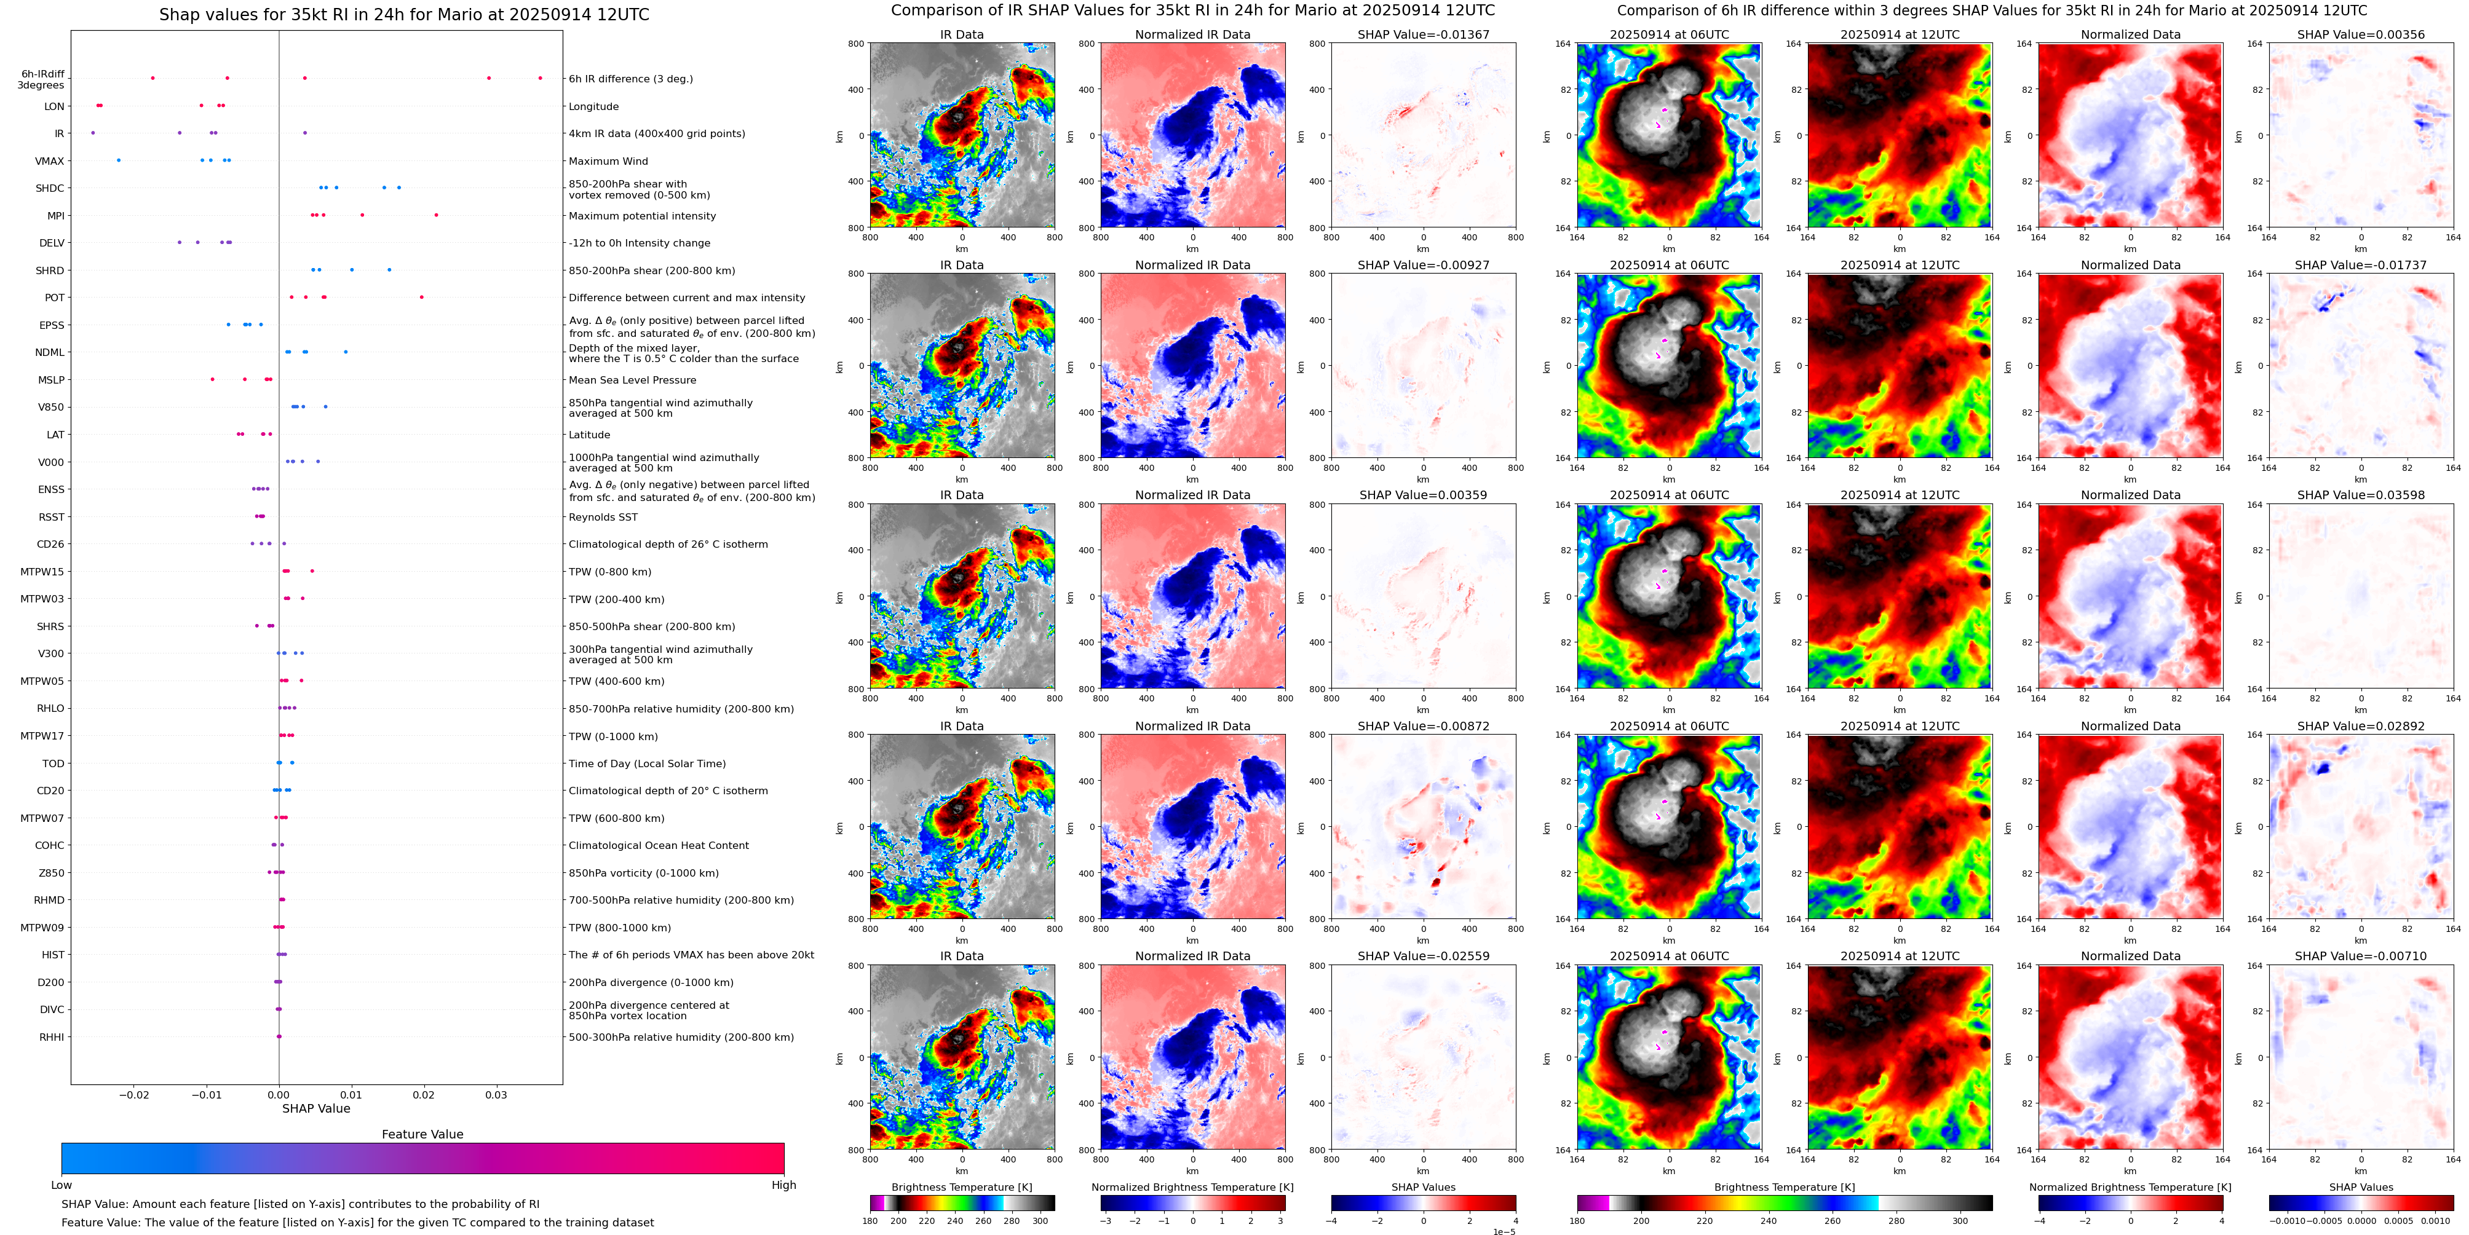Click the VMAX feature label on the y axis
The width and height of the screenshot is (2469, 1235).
(50, 161)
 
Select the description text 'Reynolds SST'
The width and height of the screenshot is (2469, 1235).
(603, 518)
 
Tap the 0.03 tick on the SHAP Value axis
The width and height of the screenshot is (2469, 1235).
(496, 1095)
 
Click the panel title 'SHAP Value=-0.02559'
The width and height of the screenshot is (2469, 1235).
(1424, 956)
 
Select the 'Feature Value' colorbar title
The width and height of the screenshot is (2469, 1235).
(422, 1134)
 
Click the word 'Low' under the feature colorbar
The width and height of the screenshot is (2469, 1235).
(61, 1185)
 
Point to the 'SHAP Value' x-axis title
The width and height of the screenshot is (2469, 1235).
(315, 1108)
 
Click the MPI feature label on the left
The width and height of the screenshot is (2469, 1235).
(55, 216)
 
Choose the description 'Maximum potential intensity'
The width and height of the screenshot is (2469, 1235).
(642, 216)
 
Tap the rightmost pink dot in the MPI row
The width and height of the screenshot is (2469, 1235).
(436, 215)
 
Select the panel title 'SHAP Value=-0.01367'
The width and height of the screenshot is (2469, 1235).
(1424, 34)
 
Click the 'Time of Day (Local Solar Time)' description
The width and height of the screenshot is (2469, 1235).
(647, 763)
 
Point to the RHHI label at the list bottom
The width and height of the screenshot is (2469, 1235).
(52, 1036)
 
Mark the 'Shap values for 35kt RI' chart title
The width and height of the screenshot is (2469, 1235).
(403, 14)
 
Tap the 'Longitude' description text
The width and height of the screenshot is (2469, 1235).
(593, 106)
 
